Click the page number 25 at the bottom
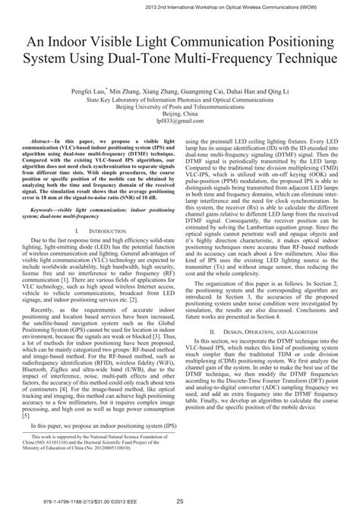180,501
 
